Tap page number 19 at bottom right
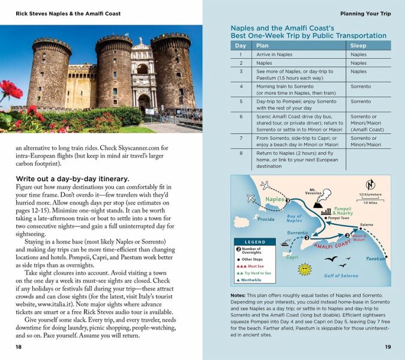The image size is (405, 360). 388,347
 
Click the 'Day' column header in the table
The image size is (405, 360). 241,45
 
